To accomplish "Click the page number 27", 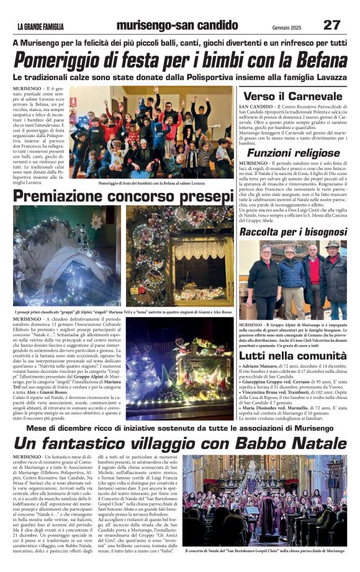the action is coord(331,25).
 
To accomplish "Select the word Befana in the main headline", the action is coord(310,61).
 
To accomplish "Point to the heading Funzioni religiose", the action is coord(293,153).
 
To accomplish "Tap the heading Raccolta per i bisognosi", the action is coord(293,231).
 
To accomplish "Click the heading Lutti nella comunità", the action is coord(293,356).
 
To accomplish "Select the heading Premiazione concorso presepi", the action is coord(124,196).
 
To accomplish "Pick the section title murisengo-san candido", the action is coord(177,25).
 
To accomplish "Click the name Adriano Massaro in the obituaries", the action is coord(267,367).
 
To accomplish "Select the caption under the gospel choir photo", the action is coord(264,550).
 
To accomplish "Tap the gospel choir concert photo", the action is coord(264,500).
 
